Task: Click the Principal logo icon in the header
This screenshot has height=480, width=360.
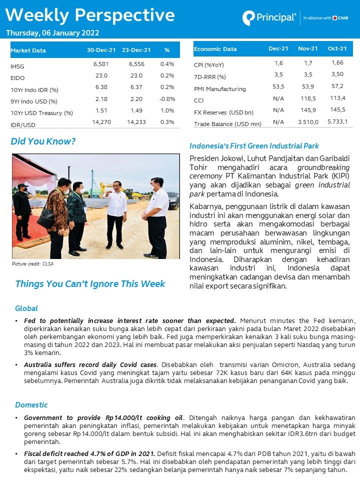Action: (x=248, y=18)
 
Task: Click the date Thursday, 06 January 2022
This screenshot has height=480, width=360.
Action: (x=52, y=33)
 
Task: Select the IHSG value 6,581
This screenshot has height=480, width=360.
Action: (x=101, y=64)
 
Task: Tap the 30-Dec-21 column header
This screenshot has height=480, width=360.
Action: (x=101, y=50)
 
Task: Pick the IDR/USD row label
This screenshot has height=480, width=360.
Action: (x=23, y=124)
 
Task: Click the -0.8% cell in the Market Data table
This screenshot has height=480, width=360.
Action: (x=167, y=99)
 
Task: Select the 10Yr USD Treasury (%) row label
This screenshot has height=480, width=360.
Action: (x=41, y=113)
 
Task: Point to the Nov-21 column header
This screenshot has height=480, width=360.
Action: (x=307, y=48)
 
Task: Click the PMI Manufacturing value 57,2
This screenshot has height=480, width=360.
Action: (x=337, y=86)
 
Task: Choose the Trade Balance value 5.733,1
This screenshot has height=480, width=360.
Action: (x=337, y=121)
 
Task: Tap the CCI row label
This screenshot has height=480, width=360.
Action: (x=199, y=100)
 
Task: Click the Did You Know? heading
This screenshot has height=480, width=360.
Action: (x=43, y=141)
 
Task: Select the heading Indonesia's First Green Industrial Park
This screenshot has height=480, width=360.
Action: (x=254, y=146)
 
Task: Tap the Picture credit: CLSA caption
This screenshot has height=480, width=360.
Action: (x=32, y=263)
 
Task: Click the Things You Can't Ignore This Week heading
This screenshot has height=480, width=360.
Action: (x=90, y=284)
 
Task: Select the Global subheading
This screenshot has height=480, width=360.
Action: (x=26, y=308)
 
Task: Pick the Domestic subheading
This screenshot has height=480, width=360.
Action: (x=31, y=404)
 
